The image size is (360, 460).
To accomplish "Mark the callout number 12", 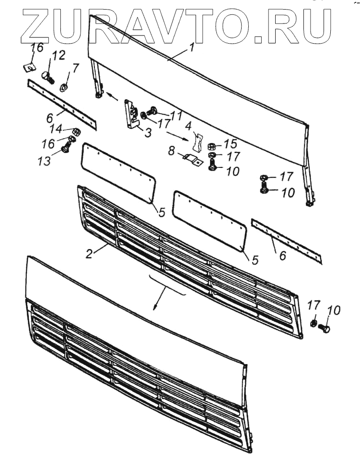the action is click(x=59, y=56).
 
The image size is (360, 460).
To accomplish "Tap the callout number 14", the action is click(x=56, y=128).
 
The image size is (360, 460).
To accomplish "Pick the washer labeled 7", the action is click(x=63, y=88).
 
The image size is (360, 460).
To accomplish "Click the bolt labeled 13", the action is click(x=66, y=150).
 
